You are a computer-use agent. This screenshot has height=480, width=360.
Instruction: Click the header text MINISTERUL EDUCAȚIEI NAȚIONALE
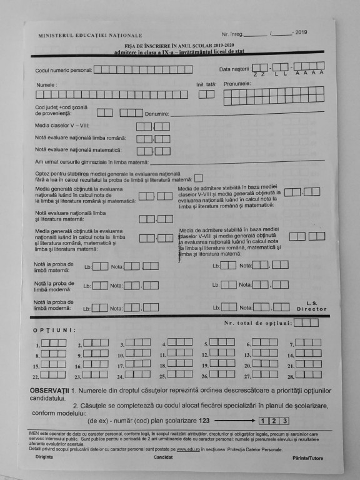tap(90, 36)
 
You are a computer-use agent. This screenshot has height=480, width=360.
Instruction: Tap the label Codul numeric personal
tap(63, 70)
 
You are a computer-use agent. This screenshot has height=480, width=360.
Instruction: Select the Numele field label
tap(46, 84)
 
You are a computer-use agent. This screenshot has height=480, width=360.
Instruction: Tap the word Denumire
tap(156, 114)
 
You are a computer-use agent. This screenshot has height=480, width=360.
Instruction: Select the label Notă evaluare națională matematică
tap(77, 150)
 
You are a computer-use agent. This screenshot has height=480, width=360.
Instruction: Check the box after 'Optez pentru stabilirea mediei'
tap(199, 177)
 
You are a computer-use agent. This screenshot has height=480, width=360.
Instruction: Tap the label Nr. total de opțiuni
tap(257, 323)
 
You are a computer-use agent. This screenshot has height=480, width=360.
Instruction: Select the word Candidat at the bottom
tap(164, 457)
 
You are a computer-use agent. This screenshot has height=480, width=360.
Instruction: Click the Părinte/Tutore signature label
tap(307, 458)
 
